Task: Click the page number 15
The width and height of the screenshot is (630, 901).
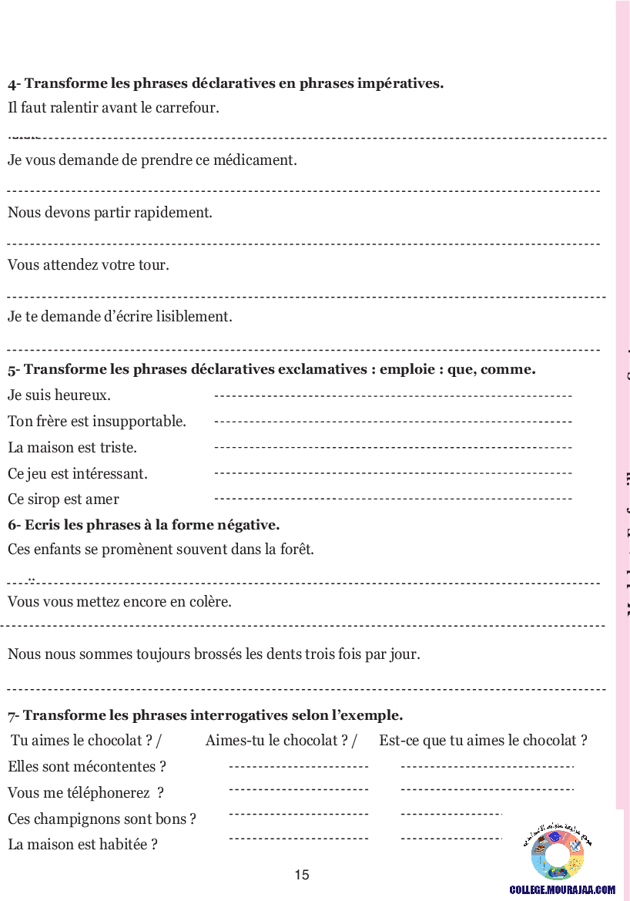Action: pos(302,875)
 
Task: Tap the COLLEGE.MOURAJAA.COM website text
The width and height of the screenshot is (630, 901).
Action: pos(562,889)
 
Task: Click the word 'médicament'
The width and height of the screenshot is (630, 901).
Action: pos(258,160)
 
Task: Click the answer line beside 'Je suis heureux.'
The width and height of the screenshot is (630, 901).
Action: pos(393,396)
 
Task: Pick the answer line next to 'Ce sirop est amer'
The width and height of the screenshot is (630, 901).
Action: pos(393,499)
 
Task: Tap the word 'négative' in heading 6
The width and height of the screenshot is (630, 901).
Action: pos(250,526)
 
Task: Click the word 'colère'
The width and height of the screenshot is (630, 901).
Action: pos(209,602)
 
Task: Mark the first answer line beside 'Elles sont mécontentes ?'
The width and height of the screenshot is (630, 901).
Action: pos(299,767)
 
